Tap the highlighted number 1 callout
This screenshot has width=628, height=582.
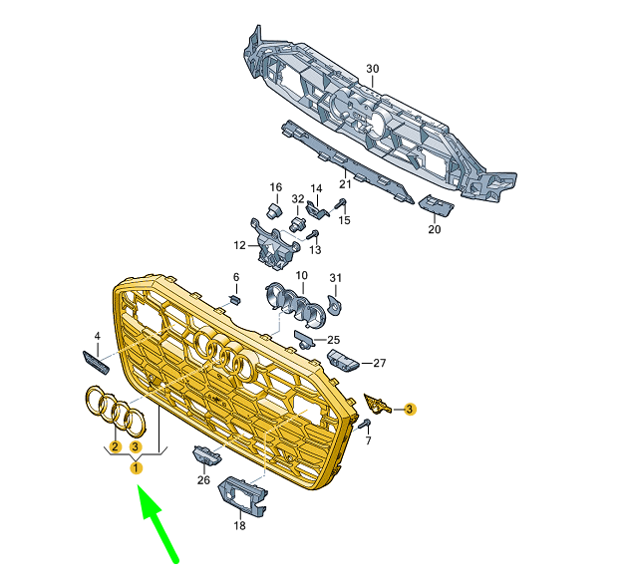point(137,467)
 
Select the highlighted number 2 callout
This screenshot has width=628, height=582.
point(116,446)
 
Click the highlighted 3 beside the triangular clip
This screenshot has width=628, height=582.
point(410,409)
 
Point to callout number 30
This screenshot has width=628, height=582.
point(372,69)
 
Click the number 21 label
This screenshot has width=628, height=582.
point(345,184)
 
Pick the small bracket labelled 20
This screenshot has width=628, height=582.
point(436,205)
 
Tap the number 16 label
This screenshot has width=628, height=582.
point(275,187)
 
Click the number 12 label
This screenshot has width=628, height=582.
point(239,245)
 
